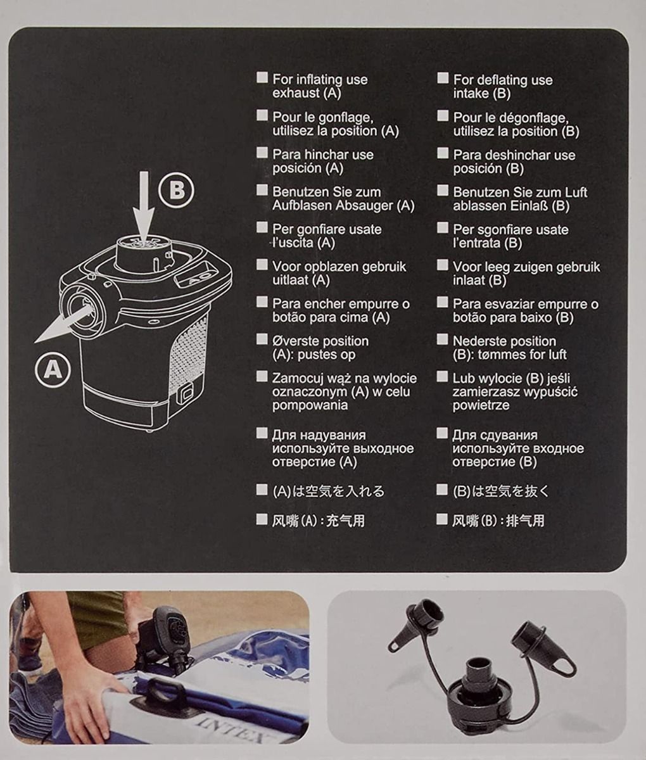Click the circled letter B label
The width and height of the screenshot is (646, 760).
tap(176, 191)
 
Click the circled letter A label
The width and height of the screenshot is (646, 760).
tap(53, 369)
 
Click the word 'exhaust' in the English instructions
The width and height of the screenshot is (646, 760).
tap(296, 93)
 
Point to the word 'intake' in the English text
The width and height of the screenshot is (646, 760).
tap(471, 93)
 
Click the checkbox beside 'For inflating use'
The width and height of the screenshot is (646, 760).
tap(262, 77)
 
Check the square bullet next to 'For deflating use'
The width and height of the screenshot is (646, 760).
tap(443, 78)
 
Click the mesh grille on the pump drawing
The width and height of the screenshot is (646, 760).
tap(188, 353)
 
